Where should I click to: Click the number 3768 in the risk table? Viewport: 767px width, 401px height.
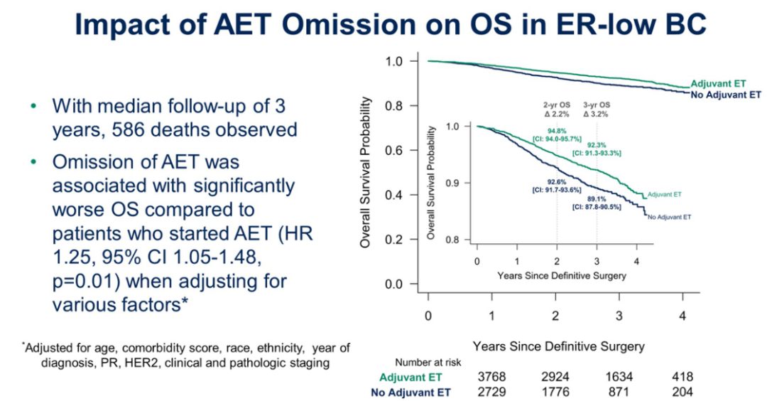492,377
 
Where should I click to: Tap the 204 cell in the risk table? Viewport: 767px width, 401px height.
682,392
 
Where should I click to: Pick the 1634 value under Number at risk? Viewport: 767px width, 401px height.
619,377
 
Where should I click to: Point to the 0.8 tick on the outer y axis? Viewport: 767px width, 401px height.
394,106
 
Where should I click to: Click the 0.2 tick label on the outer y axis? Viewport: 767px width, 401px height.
394,240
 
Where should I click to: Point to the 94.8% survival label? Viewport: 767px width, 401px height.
555,131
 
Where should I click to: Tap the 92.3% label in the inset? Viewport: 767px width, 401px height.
595,144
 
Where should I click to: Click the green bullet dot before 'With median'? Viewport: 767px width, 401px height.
32,106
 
